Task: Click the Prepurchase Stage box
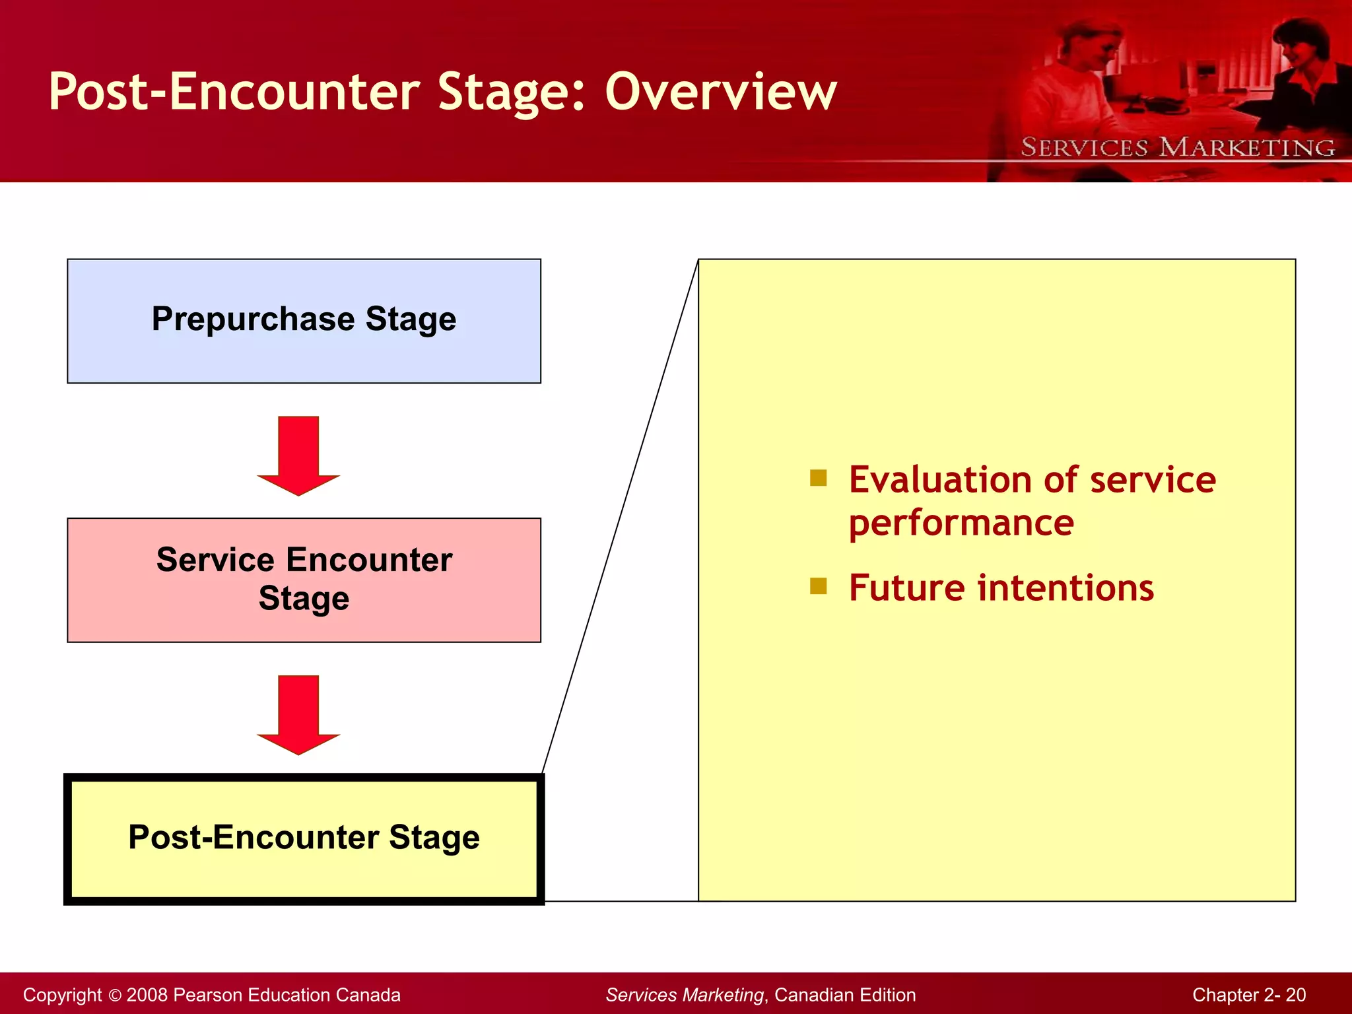coord(304,321)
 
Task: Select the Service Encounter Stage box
coord(304,580)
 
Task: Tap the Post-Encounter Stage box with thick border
coord(304,838)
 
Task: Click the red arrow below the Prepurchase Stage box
coord(298,456)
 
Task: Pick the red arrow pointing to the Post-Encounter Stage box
coord(298,714)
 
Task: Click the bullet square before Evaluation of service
coord(818,477)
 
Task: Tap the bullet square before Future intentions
coord(818,586)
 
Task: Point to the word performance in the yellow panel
coord(961,523)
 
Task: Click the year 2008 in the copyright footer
coord(147,995)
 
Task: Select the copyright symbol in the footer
coord(115,995)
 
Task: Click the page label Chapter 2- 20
coord(1248,995)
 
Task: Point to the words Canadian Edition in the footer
coord(844,995)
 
